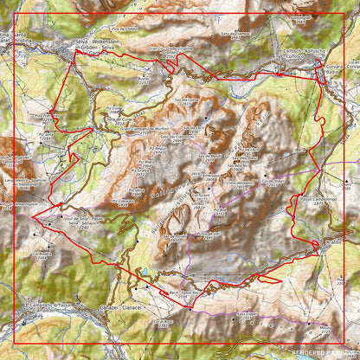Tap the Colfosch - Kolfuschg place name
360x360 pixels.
299,51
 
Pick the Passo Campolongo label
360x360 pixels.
318,199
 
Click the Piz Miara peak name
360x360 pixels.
147,162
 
